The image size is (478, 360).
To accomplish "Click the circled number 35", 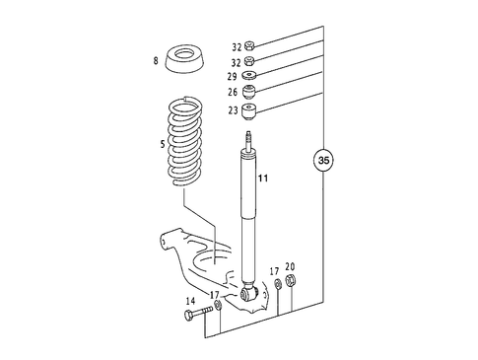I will coord(323,158).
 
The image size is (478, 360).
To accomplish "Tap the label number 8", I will coord(156,62).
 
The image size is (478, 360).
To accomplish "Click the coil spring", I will coord(185,138).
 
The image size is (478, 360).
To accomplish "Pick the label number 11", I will coord(263,179).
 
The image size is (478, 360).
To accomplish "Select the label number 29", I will coord(234,75).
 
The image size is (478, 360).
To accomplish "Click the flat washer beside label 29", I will coord(250,76).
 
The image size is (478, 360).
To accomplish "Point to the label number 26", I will coord(234,93).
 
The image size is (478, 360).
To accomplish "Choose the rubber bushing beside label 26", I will coord(250,92).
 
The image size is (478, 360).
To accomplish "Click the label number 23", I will coord(234,110).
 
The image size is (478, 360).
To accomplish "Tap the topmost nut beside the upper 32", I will coord(250,45).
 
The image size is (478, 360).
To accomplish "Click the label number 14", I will coord(188,302).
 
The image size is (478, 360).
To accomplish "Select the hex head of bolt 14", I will coord(187,315).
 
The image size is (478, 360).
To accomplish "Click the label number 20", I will coord(290,266).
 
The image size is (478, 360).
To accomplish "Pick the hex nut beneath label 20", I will coord(290,286).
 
